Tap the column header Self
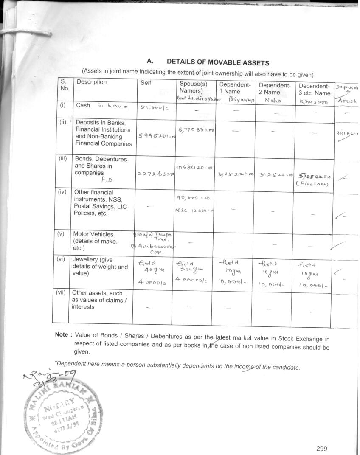point(146,83)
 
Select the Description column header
point(92,82)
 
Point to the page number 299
point(322,448)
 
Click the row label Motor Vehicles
point(93,234)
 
